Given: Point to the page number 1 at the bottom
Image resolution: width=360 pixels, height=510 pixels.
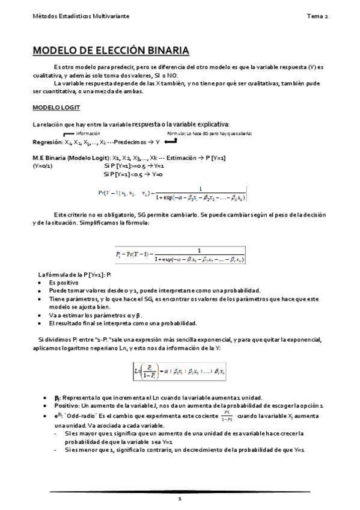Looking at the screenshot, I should (x=179, y=499).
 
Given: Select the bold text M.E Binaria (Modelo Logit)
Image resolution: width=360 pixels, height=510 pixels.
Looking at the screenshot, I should (x=67, y=158).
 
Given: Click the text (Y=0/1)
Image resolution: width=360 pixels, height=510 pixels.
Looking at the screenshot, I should (x=42, y=165).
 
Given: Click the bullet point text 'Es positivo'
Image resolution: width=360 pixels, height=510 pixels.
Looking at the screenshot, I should (x=64, y=282).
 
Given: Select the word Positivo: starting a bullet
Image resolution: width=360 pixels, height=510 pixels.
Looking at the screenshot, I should (x=67, y=406).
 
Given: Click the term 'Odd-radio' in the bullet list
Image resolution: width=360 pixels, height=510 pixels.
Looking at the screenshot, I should (x=82, y=416).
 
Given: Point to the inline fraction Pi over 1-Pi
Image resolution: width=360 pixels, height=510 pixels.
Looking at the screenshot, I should (x=225, y=416).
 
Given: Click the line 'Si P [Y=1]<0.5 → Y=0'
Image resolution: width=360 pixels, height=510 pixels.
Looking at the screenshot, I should (x=133, y=174).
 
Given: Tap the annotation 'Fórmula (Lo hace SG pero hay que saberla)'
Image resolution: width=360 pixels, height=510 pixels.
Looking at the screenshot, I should (x=210, y=133).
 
